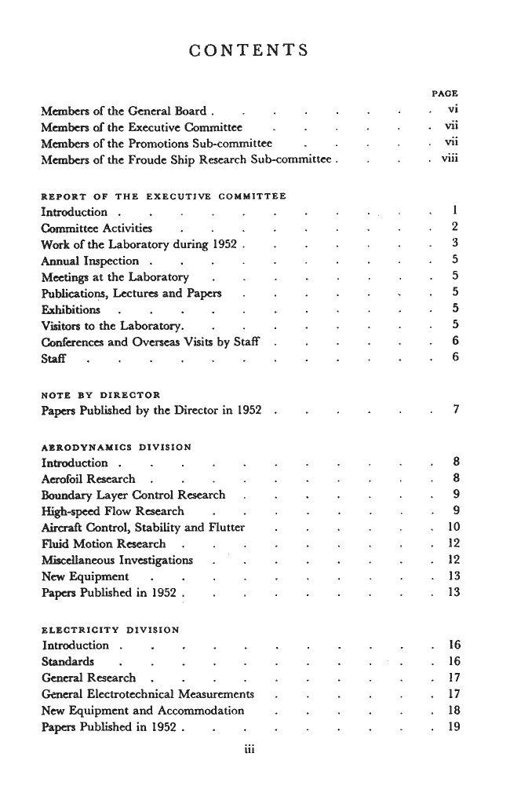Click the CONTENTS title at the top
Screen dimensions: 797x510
coord(249,51)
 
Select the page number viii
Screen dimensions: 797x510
coord(448,160)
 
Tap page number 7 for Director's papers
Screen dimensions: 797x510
coord(454,411)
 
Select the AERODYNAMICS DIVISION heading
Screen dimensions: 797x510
coord(116,447)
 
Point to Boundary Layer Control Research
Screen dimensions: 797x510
coord(133,495)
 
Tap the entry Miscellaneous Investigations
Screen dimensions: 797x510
coord(117,560)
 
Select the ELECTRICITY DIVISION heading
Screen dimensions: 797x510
coord(110,629)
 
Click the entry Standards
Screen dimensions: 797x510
coord(68,661)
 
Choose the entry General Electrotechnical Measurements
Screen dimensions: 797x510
coord(148,694)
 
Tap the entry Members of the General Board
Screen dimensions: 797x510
coord(123,112)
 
